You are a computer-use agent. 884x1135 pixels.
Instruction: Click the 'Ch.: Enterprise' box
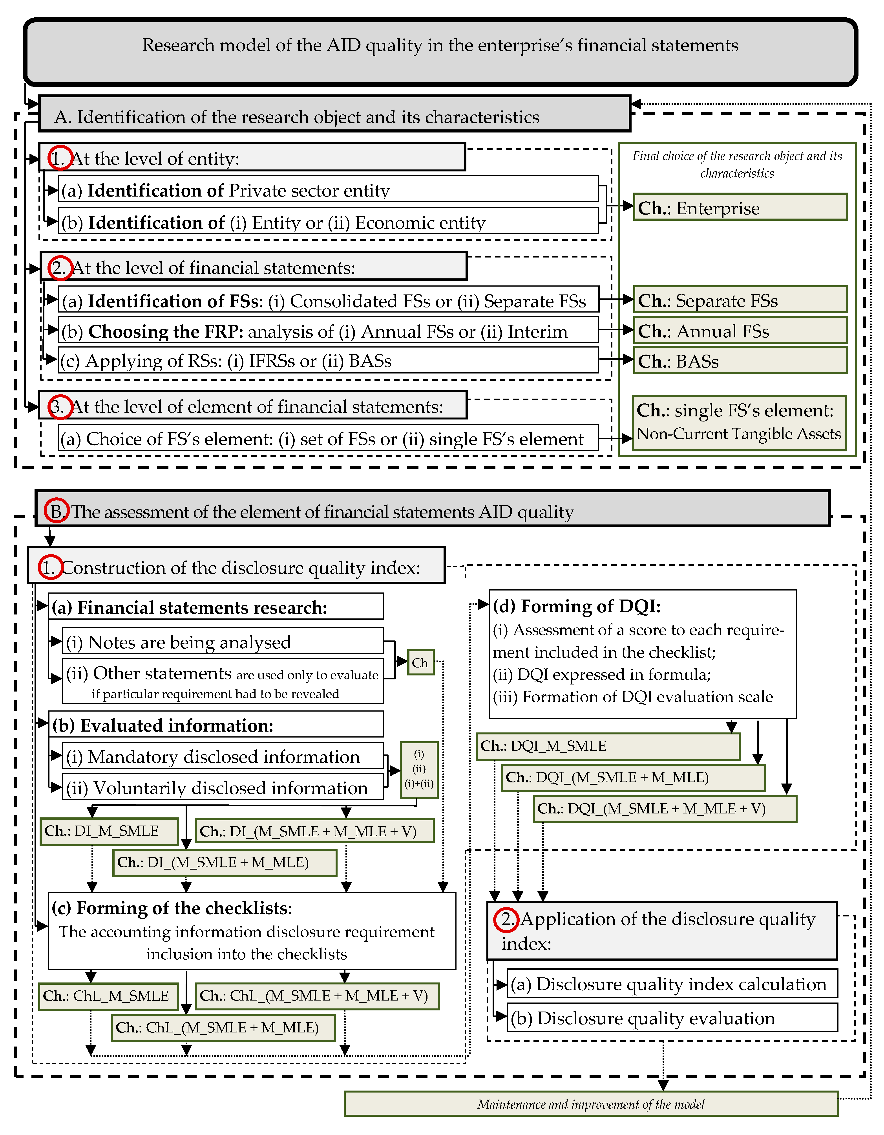(x=740, y=207)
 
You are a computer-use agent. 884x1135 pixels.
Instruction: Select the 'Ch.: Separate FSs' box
(x=740, y=300)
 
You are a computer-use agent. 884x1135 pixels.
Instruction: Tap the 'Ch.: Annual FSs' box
(x=740, y=331)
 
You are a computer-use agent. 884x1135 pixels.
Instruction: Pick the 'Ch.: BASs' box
(x=740, y=361)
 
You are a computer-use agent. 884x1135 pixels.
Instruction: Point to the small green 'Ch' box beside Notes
(x=420, y=663)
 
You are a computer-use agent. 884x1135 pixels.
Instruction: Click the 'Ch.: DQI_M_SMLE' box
(x=608, y=746)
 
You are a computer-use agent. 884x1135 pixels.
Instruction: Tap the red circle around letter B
(x=56, y=511)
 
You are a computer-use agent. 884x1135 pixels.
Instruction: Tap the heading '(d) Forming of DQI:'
(x=577, y=606)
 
